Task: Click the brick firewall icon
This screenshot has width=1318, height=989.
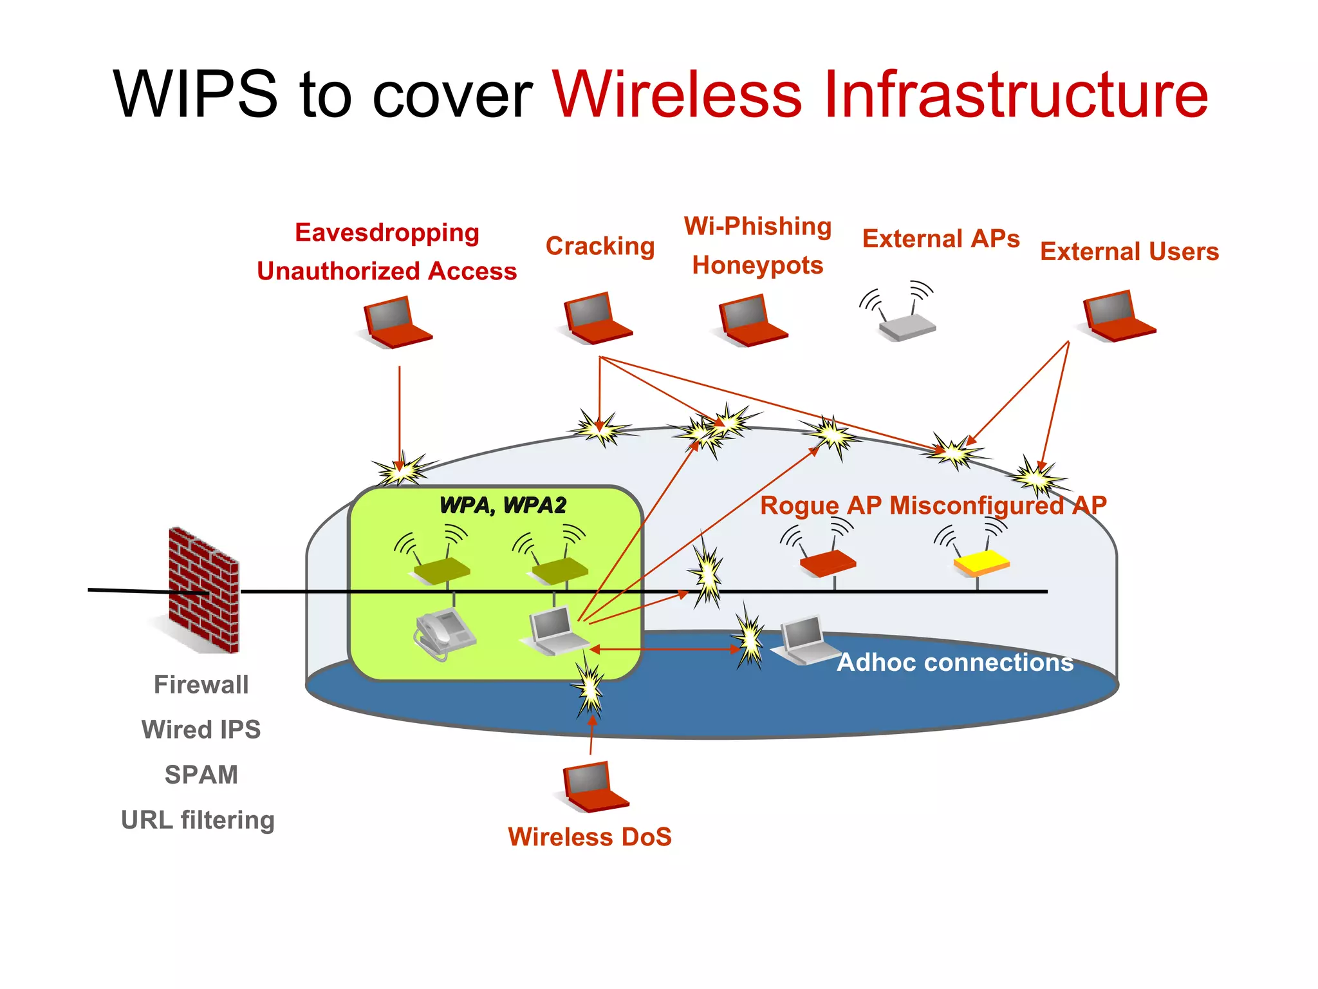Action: (x=203, y=590)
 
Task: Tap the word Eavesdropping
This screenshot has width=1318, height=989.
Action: (x=387, y=232)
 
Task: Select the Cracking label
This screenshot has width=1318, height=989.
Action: (x=600, y=246)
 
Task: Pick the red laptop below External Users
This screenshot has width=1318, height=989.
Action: (x=1118, y=316)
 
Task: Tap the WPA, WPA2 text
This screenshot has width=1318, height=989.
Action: (x=503, y=505)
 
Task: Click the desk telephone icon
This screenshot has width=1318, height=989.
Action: (x=443, y=634)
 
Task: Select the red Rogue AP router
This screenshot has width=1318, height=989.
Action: (x=828, y=562)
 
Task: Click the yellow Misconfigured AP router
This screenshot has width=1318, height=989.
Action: (x=981, y=562)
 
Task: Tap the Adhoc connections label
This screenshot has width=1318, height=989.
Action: (x=955, y=663)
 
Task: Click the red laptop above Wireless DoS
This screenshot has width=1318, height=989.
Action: (x=594, y=787)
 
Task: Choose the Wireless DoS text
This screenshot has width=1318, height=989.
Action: (x=589, y=837)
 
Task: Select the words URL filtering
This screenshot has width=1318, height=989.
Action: (x=198, y=820)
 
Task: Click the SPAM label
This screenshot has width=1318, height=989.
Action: (x=201, y=775)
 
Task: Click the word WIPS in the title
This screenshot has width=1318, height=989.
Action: (x=195, y=95)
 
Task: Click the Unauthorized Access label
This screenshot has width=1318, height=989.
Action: (x=387, y=271)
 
